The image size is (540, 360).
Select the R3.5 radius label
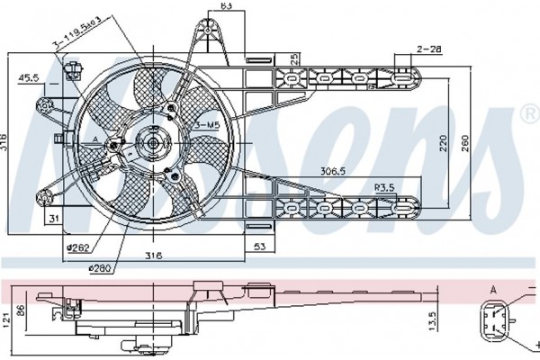385,187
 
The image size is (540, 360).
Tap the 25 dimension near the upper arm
293,59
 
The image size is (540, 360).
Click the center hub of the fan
150,141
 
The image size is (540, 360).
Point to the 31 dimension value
55,219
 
